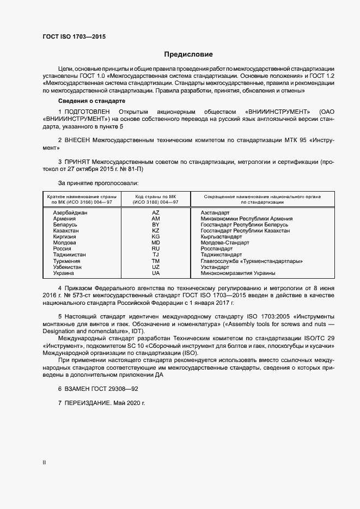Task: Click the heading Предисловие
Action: coord(188,54)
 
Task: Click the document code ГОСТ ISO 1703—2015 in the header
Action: coord(74,36)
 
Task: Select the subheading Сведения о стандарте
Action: coord(91,101)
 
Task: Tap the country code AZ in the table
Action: coord(155,212)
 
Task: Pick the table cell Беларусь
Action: coord(65,224)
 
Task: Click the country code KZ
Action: coord(155,231)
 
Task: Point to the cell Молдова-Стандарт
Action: coord(224,243)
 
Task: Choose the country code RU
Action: coord(155,249)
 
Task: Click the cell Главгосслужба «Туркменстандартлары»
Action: coord(252,261)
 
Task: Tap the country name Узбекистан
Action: coord(68,267)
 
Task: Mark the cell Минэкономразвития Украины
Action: coord(237,273)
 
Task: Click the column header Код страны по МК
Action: coord(156,196)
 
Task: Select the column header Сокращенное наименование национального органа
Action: coord(262,196)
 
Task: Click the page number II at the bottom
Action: coord(44,463)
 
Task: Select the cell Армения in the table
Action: coord(65,218)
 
